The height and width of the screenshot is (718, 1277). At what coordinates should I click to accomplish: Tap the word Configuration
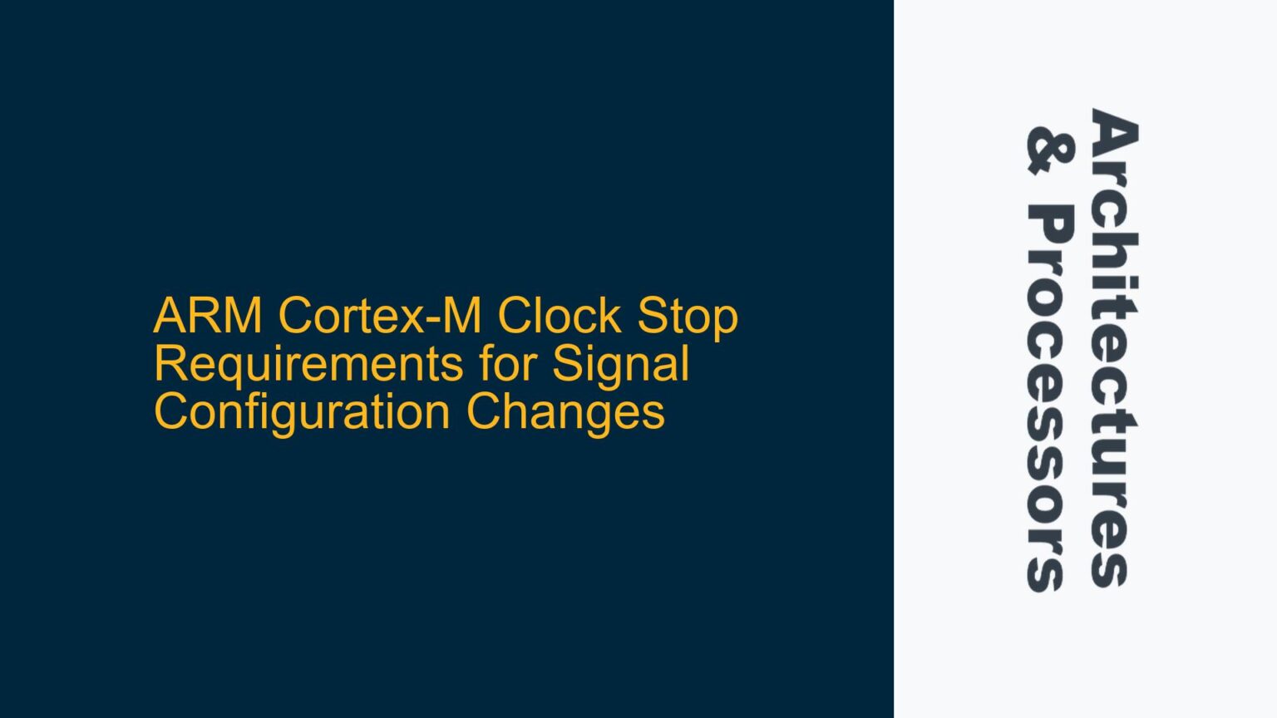coord(303,412)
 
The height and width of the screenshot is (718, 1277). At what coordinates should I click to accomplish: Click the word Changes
coord(565,412)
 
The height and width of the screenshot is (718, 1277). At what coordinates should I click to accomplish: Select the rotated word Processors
coord(1050,399)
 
